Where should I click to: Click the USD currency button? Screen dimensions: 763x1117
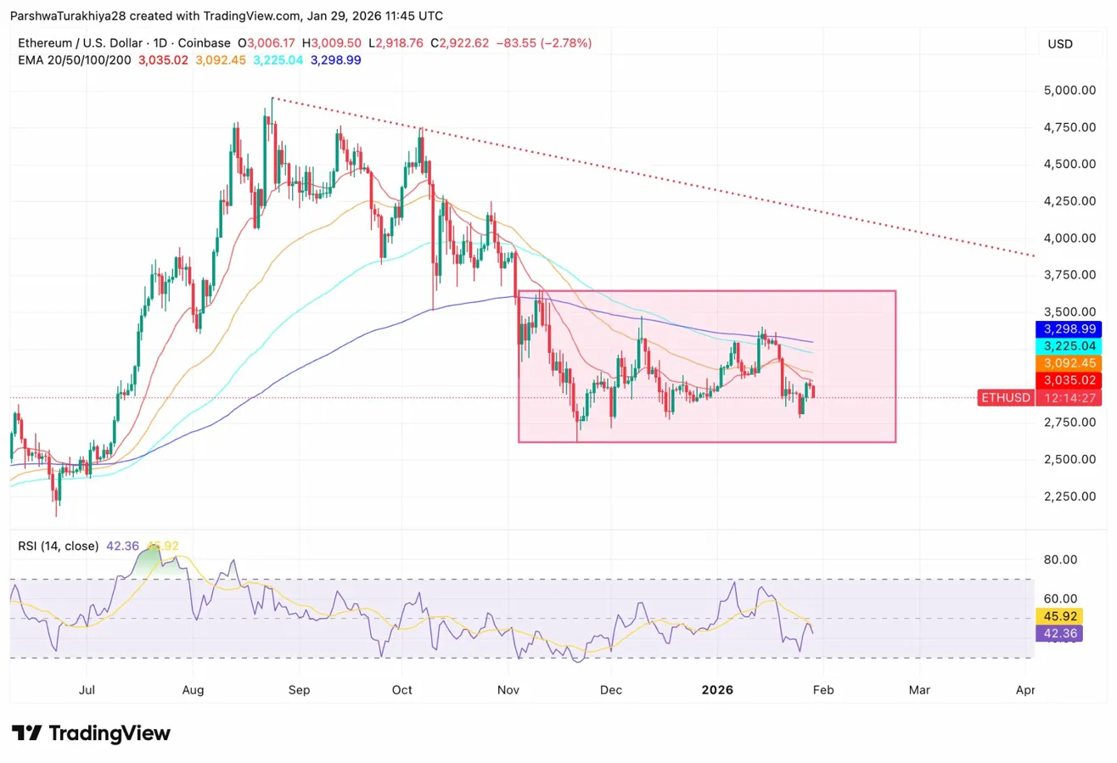(x=1061, y=43)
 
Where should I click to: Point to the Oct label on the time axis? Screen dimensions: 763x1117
(x=402, y=690)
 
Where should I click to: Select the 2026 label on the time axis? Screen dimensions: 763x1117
(x=718, y=690)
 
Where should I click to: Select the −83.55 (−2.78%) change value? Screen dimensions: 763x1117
(x=544, y=42)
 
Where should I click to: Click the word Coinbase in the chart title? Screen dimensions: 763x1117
(x=205, y=42)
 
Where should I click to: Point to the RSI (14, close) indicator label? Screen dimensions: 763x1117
(x=59, y=546)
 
